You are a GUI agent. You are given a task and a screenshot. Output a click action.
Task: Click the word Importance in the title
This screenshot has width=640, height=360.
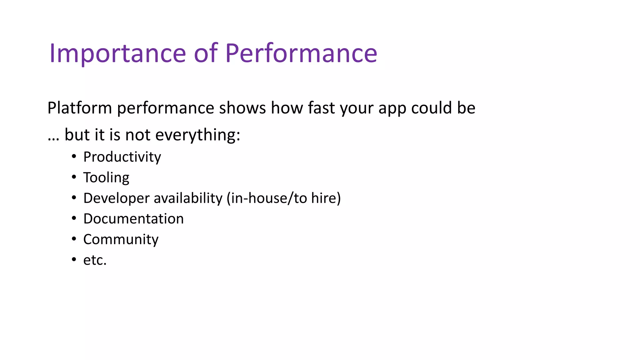[117, 53]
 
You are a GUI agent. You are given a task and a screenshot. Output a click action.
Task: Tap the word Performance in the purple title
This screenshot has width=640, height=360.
[301, 53]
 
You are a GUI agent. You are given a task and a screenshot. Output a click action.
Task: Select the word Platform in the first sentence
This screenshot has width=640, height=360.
[79, 108]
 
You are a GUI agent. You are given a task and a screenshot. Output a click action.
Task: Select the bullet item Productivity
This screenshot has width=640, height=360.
[122, 157]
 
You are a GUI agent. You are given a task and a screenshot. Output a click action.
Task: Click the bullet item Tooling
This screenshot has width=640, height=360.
[106, 177]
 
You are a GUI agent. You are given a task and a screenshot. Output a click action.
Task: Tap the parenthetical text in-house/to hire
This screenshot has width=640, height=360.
[284, 198]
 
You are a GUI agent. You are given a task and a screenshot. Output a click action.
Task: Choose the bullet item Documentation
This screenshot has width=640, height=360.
[133, 219]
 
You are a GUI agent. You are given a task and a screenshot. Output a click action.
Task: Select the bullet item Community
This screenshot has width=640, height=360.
[121, 240]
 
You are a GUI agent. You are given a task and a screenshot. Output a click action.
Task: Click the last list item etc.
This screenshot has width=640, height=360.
[95, 260]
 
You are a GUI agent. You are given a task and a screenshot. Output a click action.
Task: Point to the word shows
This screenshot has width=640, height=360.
[242, 108]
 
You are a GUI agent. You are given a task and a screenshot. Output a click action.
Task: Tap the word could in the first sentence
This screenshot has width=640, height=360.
[432, 108]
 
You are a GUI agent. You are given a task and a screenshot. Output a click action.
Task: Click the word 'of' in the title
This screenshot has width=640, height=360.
[206, 53]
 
